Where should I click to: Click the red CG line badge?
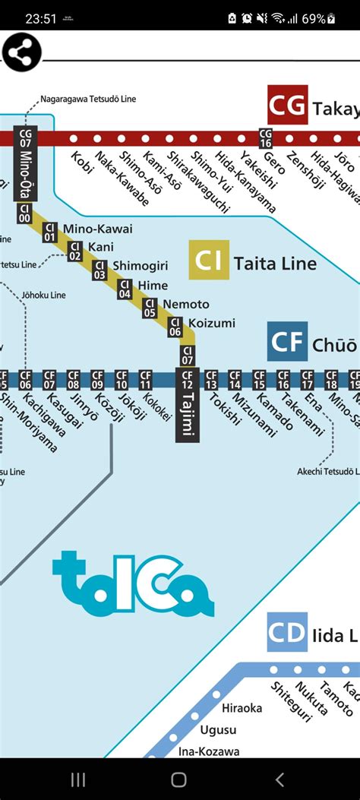coord(287,105)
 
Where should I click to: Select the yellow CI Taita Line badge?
coord(209,261)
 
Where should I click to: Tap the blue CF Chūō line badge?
coord(287,342)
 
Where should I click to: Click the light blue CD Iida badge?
coord(287,632)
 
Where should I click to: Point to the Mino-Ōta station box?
coord(25,163)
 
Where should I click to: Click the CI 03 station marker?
coord(99,270)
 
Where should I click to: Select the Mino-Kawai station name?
coord(98,229)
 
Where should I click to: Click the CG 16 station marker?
coord(265,138)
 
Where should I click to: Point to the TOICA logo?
coord(133,584)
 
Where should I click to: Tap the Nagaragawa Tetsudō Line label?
coord(88,99)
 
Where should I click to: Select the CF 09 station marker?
coord(97,378)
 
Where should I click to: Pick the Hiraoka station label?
coord(242,708)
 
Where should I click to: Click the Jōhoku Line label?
coord(44,295)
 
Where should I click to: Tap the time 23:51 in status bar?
coord(41,18)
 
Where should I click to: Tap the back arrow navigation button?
coord(279,779)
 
